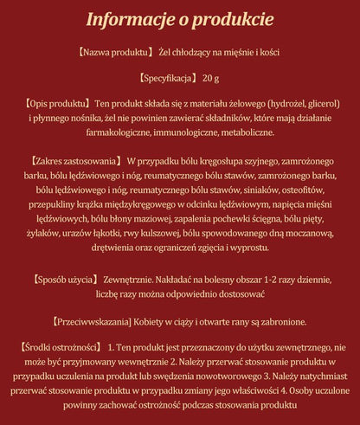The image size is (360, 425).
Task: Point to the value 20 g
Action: [210, 78]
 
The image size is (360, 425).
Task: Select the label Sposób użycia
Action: [68, 280]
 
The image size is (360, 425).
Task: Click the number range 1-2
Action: [241, 280]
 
